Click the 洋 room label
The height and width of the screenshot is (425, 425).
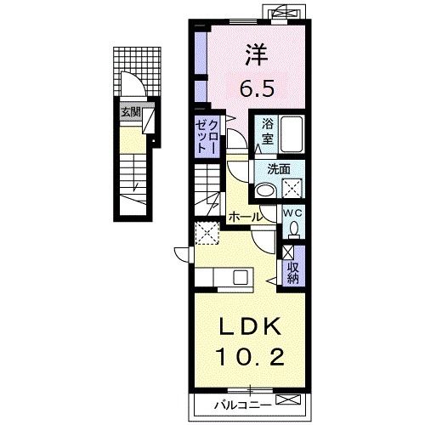[x=257, y=54]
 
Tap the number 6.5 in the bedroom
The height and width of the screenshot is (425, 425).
[x=258, y=88]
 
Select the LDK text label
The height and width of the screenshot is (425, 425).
[x=250, y=327]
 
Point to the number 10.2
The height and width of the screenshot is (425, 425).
[x=250, y=357]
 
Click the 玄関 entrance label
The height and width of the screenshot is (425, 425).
[x=131, y=112]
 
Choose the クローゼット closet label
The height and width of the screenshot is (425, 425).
[x=207, y=136]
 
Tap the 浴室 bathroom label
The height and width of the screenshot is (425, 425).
[x=267, y=131]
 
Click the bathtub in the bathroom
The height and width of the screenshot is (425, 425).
[x=292, y=134]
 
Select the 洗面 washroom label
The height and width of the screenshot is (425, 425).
[x=279, y=169]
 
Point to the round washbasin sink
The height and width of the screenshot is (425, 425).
[x=265, y=191]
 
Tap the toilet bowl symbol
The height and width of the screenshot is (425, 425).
[x=294, y=229]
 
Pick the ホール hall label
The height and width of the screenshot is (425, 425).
[x=245, y=217]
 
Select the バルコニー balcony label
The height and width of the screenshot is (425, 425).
[x=242, y=405]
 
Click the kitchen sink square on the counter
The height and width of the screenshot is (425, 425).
[x=241, y=277]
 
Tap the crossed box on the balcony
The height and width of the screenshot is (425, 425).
[x=288, y=399]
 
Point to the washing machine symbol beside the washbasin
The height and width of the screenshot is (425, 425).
[x=292, y=188]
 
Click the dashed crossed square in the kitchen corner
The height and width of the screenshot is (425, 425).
[x=207, y=233]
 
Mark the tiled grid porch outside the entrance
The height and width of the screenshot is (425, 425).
[x=137, y=71]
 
